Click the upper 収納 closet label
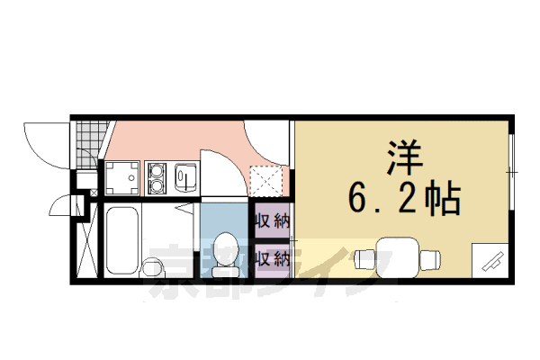click(x=272, y=220)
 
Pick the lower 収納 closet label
click(x=272, y=259)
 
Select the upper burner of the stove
click(x=158, y=169)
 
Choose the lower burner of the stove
click(x=158, y=184)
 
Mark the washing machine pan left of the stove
click(x=122, y=177)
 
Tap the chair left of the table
click(x=364, y=258)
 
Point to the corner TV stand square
click(x=490, y=261)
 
